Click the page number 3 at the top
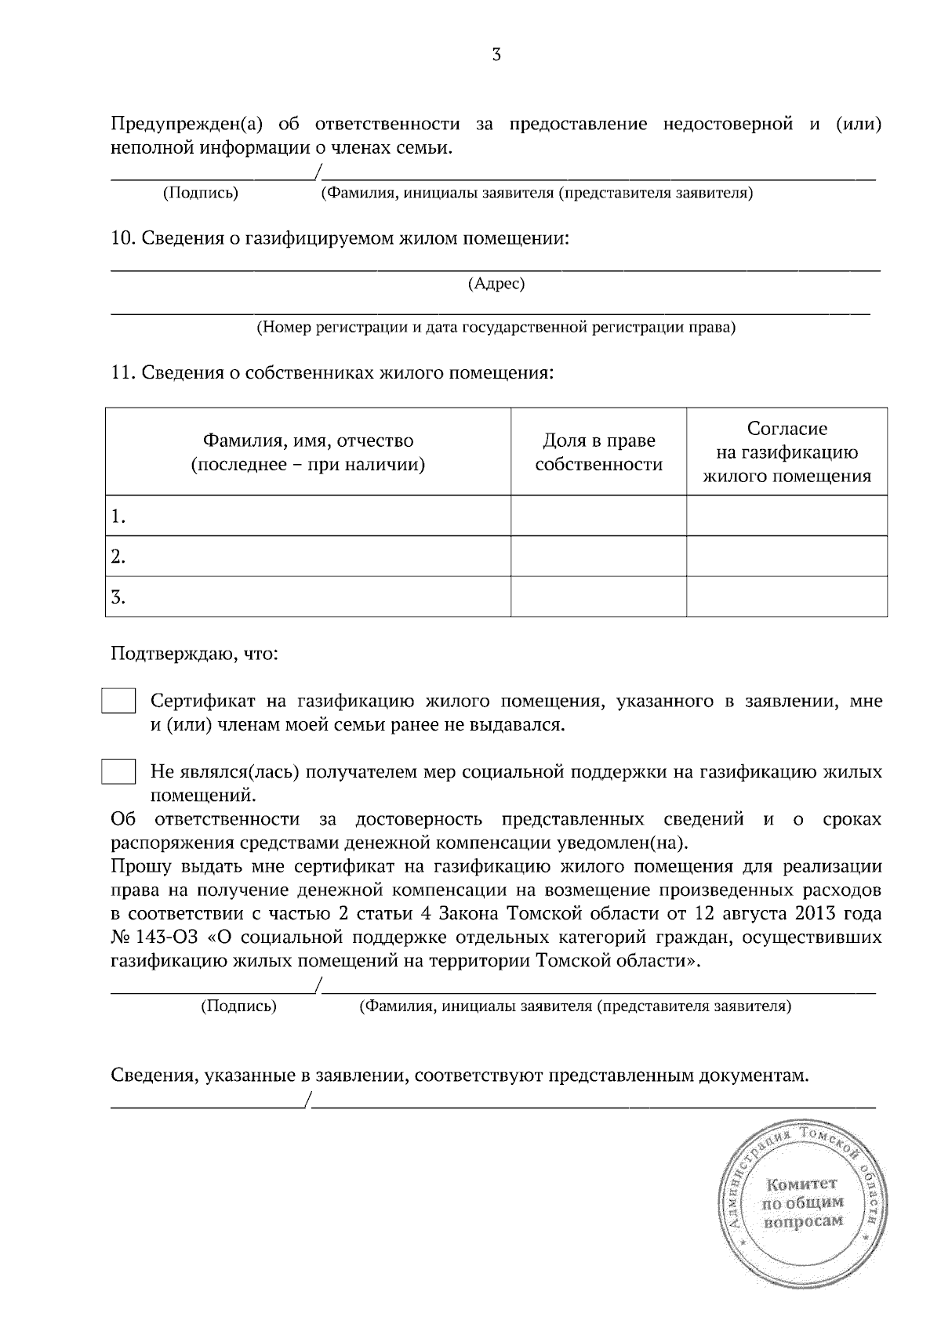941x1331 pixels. [x=496, y=54]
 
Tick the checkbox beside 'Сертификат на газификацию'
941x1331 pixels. [x=118, y=701]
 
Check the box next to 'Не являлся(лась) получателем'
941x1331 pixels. [x=118, y=772]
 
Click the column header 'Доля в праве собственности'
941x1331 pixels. [x=598, y=452]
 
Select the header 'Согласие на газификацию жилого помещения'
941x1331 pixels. [x=787, y=452]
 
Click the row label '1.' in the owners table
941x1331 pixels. [x=118, y=517]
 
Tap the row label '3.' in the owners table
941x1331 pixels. [x=118, y=597]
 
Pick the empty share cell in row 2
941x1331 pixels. [x=598, y=557]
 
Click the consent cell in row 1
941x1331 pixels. [x=787, y=517]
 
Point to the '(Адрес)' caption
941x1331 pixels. [x=496, y=284]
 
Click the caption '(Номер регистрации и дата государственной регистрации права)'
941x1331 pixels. [x=496, y=328]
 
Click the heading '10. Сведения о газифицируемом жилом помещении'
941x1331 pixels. [x=340, y=238]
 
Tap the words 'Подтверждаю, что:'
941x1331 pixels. [x=194, y=653]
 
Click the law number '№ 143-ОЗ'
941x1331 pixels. [x=154, y=938]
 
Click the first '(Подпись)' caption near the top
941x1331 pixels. [x=200, y=193]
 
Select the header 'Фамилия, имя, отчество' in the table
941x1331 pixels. [x=308, y=441]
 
